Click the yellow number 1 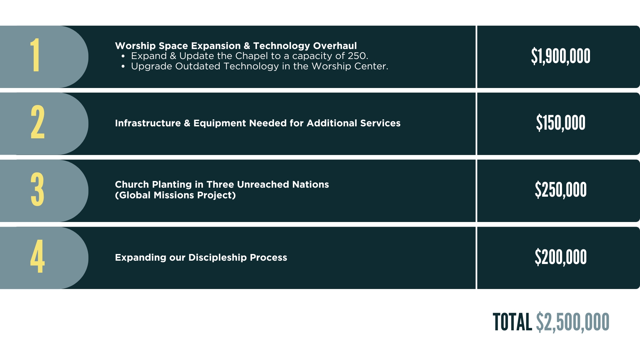pyautogui.click(x=35, y=55)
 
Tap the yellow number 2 pyautogui.click(x=38, y=122)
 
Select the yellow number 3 pyautogui.click(x=37, y=189)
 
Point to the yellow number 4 pyautogui.click(x=37, y=256)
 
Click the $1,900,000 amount pyautogui.click(x=561, y=56)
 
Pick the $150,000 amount pyautogui.click(x=561, y=123)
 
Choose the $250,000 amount pyautogui.click(x=561, y=190)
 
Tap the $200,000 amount pyautogui.click(x=561, y=257)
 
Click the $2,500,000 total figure pyautogui.click(x=573, y=322)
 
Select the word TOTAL pyautogui.click(x=512, y=322)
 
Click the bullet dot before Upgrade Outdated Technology pyautogui.click(x=123, y=67)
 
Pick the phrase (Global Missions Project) pyautogui.click(x=175, y=195)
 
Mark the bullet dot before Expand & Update pyautogui.click(x=123, y=56)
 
